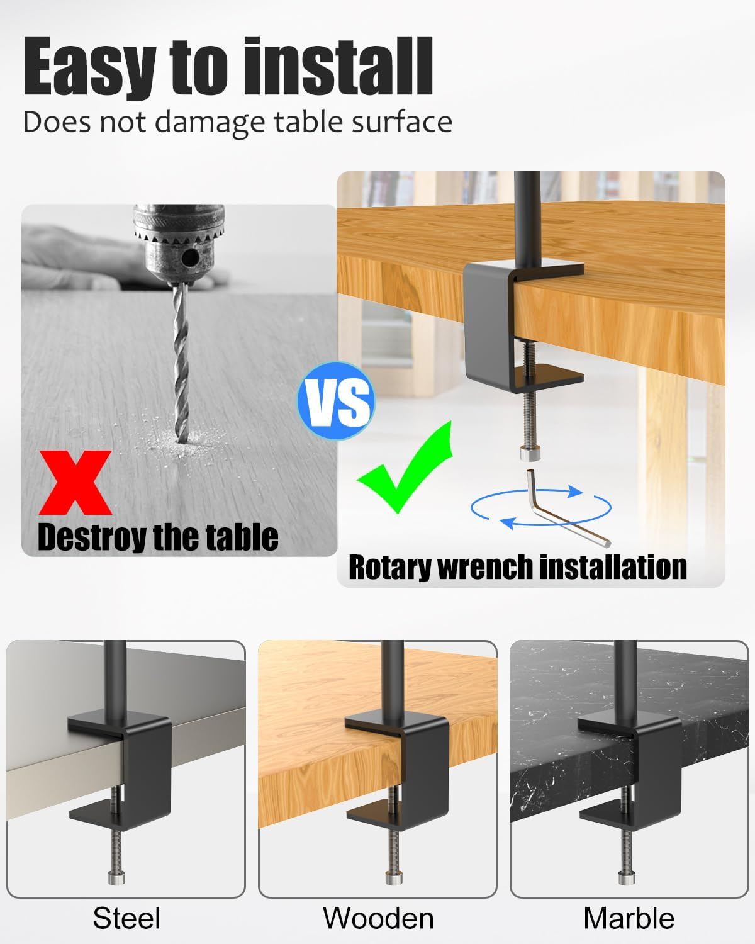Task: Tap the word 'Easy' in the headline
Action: click(88, 68)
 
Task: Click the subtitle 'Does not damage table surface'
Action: click(237, 121)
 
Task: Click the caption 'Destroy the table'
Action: click(158, 537)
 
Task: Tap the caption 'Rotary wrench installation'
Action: click(517, 566)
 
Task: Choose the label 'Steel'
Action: click(126, 918)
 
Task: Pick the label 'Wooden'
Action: click(378, 918)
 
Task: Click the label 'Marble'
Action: click(629, 918)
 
